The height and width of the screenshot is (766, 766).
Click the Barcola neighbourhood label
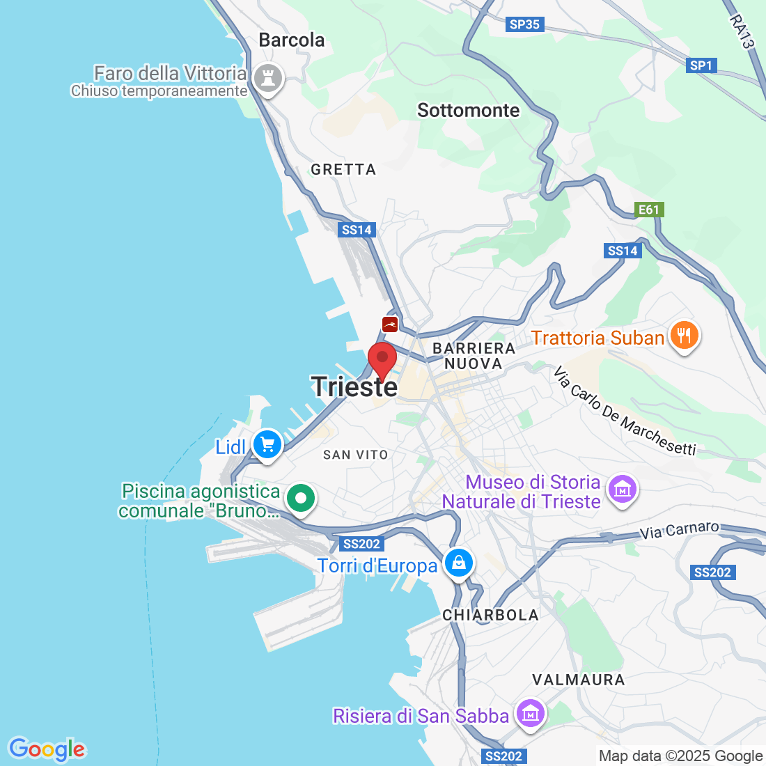291,40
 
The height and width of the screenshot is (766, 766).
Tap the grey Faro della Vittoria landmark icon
267,78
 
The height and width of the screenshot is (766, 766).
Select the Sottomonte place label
468,111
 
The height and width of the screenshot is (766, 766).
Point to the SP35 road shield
524,24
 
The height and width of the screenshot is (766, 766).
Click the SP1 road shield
701,65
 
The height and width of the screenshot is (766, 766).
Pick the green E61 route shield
648,210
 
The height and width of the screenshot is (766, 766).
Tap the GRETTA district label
343,169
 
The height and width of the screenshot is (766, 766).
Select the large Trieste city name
354,387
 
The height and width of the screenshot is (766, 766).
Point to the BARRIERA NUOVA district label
474,356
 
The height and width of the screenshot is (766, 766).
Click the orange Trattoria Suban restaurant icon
684,337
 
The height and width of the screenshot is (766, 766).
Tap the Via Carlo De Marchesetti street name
625,412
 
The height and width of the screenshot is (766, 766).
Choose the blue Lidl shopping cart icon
267,444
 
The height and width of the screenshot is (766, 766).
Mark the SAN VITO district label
355,455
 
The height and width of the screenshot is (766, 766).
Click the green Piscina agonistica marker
301,499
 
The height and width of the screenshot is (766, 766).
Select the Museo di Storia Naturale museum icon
622,490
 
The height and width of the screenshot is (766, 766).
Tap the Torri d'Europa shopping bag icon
459,563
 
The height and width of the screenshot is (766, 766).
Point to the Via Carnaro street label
679,531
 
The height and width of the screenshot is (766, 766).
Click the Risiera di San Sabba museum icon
531,713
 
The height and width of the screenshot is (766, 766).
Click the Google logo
47,749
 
